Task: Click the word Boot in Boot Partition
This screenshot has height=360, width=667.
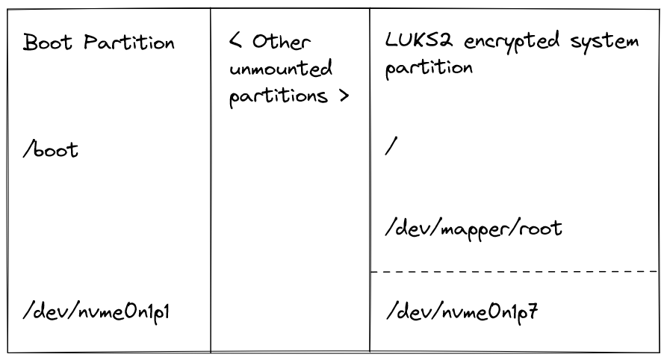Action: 48,42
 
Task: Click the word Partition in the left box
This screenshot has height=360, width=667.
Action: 129,42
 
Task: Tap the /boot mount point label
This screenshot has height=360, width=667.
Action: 51,149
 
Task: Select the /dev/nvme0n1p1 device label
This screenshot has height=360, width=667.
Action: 96,312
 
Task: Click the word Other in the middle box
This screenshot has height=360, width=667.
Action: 281,41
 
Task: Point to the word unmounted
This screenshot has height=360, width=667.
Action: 280,69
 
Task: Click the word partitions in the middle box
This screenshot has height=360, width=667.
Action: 279,96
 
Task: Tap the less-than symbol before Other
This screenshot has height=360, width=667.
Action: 236,41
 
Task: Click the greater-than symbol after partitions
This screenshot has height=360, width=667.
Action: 344,96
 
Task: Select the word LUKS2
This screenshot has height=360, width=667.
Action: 418,40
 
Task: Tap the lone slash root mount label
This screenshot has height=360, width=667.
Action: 391,146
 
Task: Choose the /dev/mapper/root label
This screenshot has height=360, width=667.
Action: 474,229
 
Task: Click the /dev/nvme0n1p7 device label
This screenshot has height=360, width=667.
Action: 462,312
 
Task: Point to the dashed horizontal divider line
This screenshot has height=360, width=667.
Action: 515,271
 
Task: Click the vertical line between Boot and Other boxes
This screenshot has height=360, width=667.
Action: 211,180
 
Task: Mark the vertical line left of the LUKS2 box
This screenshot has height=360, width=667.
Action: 370,180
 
